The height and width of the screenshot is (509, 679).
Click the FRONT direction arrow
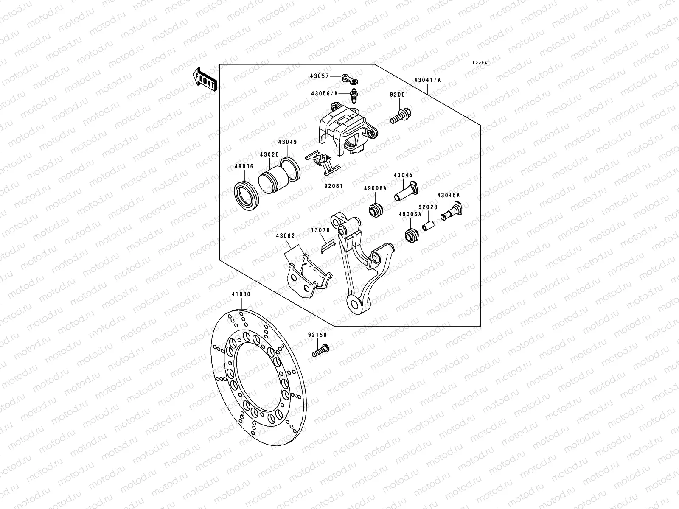click(x=205, y=79)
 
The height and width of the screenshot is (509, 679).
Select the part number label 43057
click(x=320, y=76)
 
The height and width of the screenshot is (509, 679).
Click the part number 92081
click(x=334, y=185)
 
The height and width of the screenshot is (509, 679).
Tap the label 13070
click(x=320, y=231)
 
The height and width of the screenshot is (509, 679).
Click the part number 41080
click(x=241, y=294)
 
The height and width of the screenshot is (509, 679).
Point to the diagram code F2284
click(x=480, y=63)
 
